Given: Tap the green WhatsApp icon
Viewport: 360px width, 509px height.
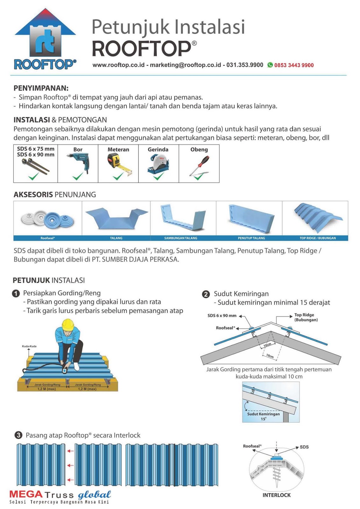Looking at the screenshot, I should (270, 65).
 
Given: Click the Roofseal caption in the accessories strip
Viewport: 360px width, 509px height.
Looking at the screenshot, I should (48, 238).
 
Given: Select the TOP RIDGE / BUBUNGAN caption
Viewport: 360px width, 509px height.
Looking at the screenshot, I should (317, 238).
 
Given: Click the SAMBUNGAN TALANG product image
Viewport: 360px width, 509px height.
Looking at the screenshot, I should (183, 217).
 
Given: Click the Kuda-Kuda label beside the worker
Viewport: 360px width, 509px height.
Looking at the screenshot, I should (29, 346).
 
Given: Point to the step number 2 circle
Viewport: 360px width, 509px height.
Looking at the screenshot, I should (206, 294).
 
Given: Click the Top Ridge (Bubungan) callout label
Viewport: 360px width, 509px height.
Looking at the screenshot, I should (306, 317).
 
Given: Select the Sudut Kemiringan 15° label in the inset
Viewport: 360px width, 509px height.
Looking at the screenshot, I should (263, 416).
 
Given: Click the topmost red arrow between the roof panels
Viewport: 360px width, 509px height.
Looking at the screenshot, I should (70, 451).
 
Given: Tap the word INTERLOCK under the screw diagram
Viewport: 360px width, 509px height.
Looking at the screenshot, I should (276, 495).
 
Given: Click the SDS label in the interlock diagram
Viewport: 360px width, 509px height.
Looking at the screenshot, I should (304, 447).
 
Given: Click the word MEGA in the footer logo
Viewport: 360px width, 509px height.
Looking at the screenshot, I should (26, 494).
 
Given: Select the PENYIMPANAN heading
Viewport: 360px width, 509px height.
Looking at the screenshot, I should (41, 88).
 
